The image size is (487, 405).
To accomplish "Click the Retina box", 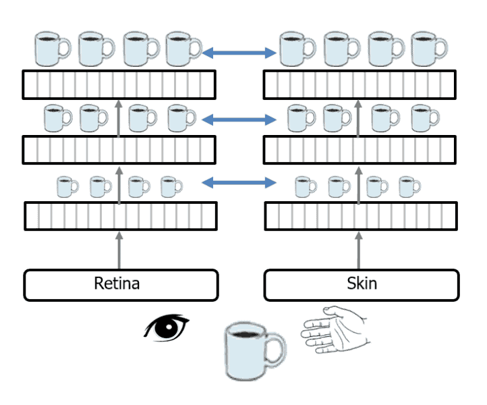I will click(x=121, y=285).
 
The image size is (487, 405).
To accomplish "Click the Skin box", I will click(x=362, y=285).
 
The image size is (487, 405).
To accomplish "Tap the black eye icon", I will click(x=167, y=327).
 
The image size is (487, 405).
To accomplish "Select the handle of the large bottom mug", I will click(x=277, y=349).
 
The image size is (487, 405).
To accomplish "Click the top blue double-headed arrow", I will click(x=240, y=51).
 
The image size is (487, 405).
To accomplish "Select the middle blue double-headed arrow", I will click(x=240, y=120).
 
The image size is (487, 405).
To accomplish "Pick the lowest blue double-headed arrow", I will click(x=240, y=182).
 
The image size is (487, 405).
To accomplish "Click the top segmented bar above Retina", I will click(x=119, y=84).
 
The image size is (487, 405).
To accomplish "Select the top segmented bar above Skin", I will click(x=361, y=84).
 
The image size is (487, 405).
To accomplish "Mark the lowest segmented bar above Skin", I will click(x=361, y=216).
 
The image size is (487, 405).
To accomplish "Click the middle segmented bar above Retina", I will click(x=119, y=150).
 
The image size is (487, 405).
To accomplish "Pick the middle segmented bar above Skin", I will click(x=361, y=150).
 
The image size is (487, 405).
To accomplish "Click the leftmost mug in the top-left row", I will click(x=51, y=47).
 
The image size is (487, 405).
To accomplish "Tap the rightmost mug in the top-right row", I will click(x=428, y=47).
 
